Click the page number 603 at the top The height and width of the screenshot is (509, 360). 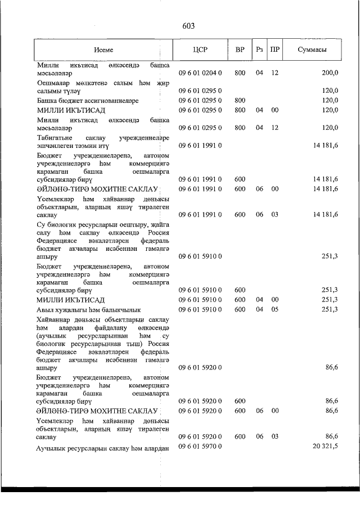click(188, 26)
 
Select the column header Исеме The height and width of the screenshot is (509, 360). click(103, 49)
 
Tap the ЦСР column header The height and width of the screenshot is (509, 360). click(200, 49)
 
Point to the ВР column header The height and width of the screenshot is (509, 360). click(240, 49)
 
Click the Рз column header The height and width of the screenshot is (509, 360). click(259, 49)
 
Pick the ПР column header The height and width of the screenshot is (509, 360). click(274, 49)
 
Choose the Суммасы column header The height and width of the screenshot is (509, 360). click(312, 49)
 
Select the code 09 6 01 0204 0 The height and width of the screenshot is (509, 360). click(201, 73)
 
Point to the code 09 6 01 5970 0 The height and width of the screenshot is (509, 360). click(201, 447)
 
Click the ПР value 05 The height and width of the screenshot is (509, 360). click(274, 309)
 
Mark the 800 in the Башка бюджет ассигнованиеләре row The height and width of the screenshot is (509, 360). click(240, 100)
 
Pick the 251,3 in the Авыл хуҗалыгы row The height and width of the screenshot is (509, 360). click(329, 309)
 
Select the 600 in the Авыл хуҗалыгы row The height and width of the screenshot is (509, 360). click(240, 309)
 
